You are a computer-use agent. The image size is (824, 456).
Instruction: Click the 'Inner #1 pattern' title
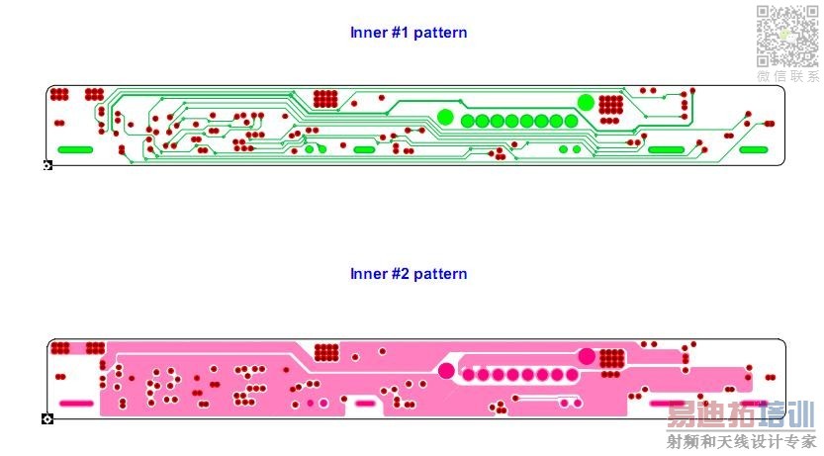point(409,33)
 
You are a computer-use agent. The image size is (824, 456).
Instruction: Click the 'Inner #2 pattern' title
point(409,273)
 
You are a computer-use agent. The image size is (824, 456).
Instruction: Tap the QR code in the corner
point(787,35)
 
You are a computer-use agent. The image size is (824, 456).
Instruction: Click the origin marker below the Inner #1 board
point(47,165)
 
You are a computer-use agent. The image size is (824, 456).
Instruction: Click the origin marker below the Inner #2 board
point(47,419)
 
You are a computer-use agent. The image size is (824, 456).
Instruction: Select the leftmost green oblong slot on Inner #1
point(75,149)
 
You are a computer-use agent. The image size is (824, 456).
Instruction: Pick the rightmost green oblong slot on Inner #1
point(754,149)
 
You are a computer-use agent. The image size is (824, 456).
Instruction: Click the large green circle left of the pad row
point(445,117)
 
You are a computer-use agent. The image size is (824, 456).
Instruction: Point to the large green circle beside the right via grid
point(586,102)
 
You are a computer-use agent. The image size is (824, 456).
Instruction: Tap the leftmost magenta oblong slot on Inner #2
point(75,404)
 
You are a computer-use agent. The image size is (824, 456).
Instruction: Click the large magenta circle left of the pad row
point(446,371)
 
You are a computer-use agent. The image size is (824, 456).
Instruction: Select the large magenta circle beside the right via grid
point(587,356)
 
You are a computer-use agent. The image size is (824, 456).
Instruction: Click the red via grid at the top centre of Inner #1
point(325,99)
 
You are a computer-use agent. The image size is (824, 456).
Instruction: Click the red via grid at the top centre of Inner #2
point(325,352)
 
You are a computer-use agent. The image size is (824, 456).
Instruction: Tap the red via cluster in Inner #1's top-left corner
point(59,95)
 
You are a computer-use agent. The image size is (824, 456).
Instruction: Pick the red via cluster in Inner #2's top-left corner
point(60,348)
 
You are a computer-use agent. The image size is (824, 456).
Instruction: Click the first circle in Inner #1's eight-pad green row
point(468,121)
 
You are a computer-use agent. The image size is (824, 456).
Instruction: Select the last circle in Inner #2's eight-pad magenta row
point(572,375)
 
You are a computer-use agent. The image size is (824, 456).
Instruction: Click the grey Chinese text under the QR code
point(787,76)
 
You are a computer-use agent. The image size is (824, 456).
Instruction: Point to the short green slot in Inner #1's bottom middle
point(364,149)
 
